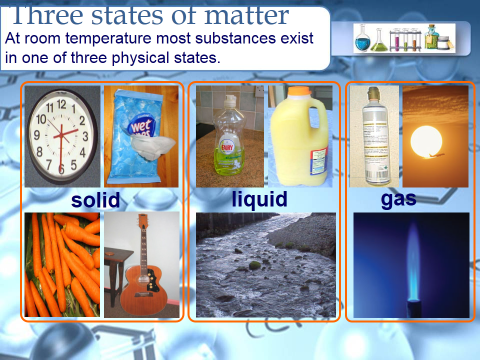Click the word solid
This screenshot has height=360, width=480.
pos(96,200)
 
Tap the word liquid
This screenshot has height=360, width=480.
pos(259,200)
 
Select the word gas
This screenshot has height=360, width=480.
pos(399,200)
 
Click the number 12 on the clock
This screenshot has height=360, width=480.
pos(61,104)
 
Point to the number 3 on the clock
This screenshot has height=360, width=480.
pos(85,136)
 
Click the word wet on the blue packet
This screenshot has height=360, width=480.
pos(141,126)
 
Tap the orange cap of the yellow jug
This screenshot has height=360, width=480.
pos(299,91)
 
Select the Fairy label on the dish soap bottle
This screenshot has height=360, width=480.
pos(226,146)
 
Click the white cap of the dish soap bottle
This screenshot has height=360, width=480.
pos(230,100)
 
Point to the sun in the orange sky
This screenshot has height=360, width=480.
pos(426,142)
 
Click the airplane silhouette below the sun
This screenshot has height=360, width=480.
pos(434,156)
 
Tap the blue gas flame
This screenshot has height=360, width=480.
pos(413,260)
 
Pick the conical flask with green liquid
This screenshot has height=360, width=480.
pos(379,41)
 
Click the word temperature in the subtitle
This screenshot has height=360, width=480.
pos(108,39)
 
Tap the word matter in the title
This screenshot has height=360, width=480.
pos(246,16)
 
